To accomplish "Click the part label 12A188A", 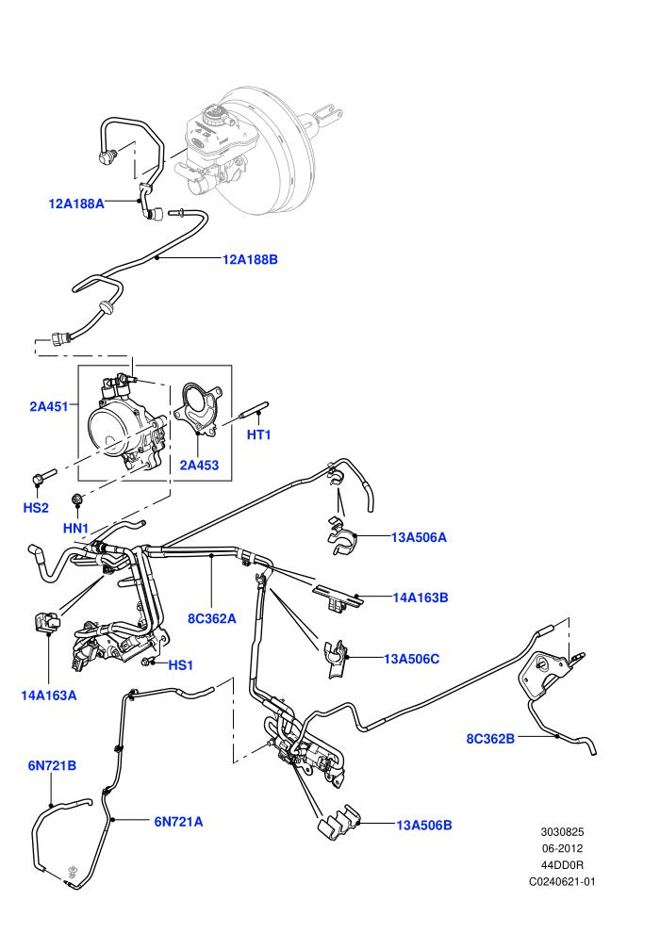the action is pyautogui.click(x=76, y=204).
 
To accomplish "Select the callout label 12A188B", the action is pyautogui.click(x=250, y=259).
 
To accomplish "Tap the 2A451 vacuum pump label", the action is pyautogui.click(x=49, y=407).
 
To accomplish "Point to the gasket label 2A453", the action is pyautogui.click(x=199, y=466).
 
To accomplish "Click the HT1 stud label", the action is pyautogui.click(x=259, y=435).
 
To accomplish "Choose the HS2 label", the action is pyautogui.click(x=36, y=508).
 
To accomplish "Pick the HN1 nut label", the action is pyautogui.click(x=75, y=528).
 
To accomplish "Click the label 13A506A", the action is pyautogui.click(x=419, y=537).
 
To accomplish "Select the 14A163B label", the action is pyautogui.click(x=421, y=597).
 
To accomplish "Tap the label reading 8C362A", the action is pyautogui.click(x=212, y=619).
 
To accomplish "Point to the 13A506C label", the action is pyautogui.click(x=412, y=659).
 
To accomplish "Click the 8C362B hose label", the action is pyautogui.click(x=490, y=739).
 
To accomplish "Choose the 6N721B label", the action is pyautogui.click(x=53, y=766).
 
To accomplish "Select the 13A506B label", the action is pyautogui.click(x=424, y=826).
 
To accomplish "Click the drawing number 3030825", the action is pyautogui.click(x=562, y=832).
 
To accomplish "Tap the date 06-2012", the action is pyautogui.click(x=562, y=848).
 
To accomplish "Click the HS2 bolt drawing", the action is pyautogui.click(x=43, y=476).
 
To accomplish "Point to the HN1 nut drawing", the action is pyautogui.click(x=76, y=498).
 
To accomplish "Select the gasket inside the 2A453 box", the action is pyautogui.click(x=199, y=407).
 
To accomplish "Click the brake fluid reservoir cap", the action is pyautogui.click(x=211, y=112).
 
